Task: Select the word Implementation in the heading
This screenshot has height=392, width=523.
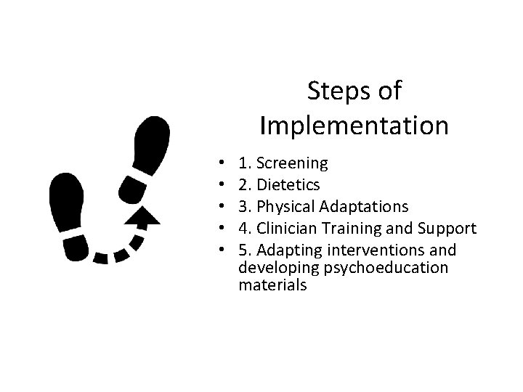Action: coord(354,126)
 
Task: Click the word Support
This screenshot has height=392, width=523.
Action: coord(447,229)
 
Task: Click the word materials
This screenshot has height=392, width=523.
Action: coord(272,285)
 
